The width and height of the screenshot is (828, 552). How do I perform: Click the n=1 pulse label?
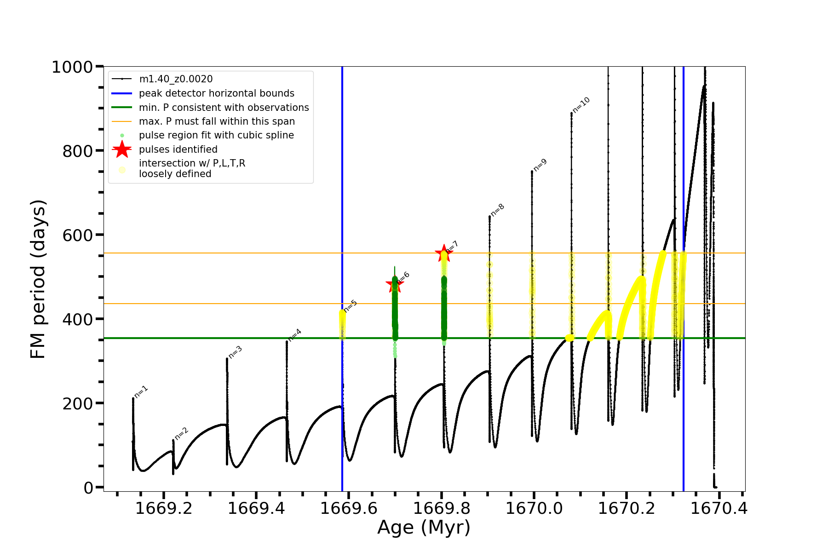141,391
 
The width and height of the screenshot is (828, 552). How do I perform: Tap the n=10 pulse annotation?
581,105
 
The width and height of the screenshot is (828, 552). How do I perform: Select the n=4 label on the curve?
295,334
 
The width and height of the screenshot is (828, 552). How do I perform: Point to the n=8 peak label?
498,210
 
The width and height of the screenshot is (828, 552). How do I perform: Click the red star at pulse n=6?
394,284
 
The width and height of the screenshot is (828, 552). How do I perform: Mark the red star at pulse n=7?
443,253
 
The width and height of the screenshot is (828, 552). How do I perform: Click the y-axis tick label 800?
77,151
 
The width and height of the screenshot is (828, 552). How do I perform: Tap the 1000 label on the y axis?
72,67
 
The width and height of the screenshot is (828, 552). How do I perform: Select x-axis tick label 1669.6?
349,508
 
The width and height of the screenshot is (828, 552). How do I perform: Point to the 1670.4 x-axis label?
719,508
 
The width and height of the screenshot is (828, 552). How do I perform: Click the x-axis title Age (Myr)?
424,527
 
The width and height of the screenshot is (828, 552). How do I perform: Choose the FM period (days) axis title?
39,279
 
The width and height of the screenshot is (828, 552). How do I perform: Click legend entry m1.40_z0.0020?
176,79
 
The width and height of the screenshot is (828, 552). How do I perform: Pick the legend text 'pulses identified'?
178,149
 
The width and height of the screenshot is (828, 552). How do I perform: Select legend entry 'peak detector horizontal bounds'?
216,93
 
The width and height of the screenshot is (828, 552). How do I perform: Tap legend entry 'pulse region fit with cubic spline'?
216,135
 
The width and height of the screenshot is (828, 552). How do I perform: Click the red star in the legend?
122,149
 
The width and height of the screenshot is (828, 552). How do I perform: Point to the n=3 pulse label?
235,352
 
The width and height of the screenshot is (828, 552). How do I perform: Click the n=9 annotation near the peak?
540,165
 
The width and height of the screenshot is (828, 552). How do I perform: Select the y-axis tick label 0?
88,488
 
